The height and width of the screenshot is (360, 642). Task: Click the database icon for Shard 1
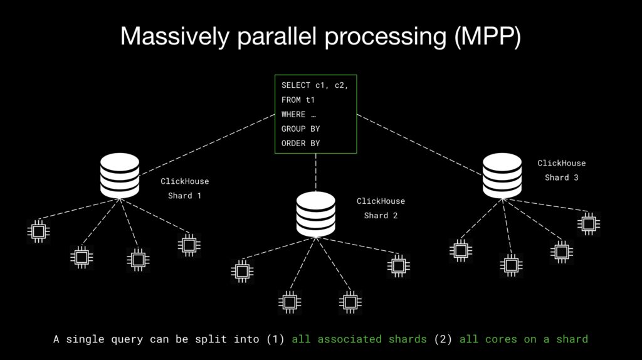(x=119, y=176)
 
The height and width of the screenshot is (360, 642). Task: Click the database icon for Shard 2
(x=315, y=214)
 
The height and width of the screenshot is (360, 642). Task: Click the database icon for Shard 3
(x=502, y=176)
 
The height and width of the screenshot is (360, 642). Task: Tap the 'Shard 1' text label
(x=184, y=196)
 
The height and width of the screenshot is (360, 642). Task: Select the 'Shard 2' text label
(x=381, y=216)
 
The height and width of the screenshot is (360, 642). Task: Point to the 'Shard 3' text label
(x=561, y=177)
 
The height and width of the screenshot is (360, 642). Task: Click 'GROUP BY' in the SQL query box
(x=300, y=129)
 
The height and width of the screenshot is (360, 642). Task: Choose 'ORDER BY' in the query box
(x=300, y=143)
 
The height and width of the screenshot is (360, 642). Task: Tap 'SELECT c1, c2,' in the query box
(x=314, y=85)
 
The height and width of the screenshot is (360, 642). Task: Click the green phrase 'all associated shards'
(x=359, y=339)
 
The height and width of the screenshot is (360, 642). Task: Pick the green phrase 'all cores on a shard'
(x=524, y=339)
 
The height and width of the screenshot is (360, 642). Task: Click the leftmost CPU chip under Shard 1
(x=38, y=231)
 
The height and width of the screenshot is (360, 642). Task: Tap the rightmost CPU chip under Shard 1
(x=189, y=244)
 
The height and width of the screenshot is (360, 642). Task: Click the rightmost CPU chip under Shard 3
(x=588, y=223)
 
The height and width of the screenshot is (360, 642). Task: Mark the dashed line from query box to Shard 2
(x=315, y=172)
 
